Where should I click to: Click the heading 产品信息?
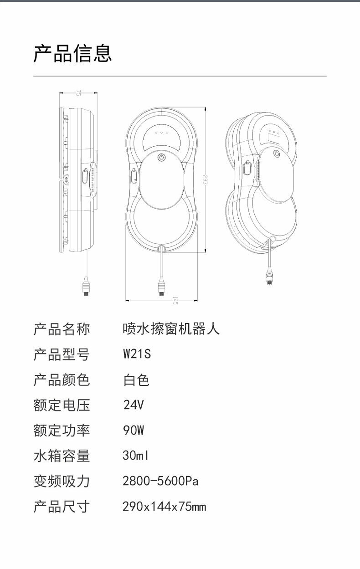click(x=72, y=53)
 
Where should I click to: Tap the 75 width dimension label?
click(x=78, y=93)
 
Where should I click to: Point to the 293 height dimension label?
click(x=206, y=179)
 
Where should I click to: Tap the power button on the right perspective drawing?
click(x=276, y=154)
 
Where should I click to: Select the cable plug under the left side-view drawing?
click(x=85, y=289)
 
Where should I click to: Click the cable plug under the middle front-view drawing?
click(x=161, y=289)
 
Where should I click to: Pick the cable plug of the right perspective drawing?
click(x=269, y=277)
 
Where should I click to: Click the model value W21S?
click(x=137, y=354)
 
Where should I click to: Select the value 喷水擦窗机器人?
click(x=171, y=328)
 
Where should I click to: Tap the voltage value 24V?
click(x=134, y=405)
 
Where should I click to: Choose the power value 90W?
click(x=134, y=430)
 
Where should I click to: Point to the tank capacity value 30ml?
click(x=136, y=456)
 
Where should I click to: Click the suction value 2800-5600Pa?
click(x=160, y=481)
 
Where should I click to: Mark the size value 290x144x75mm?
click(x=164, y=507)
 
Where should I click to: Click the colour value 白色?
click(x=136, y=379)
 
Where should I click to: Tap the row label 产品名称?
click(x=62, y=328)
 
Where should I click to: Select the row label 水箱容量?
click(x=62, y=456)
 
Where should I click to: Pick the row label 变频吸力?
click(x=62, y=481)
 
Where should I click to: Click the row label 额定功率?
click(x=62, y=430)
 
